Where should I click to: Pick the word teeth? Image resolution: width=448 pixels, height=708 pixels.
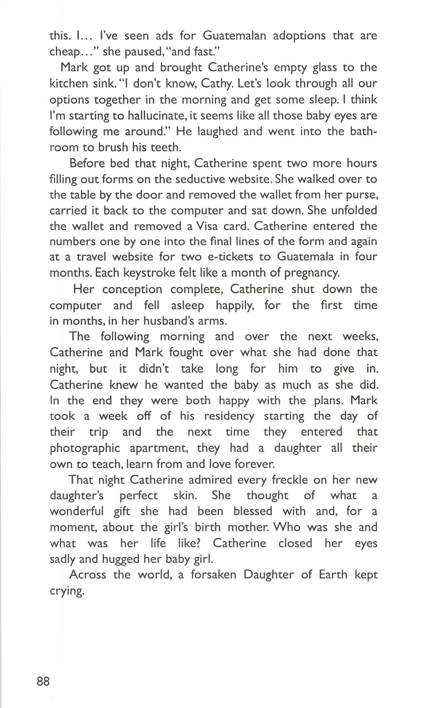point(166,147)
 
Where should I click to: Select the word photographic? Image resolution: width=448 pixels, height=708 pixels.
point(85,448)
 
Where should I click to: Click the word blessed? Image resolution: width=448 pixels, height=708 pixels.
point(253,511)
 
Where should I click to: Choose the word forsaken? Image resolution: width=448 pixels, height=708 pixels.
point(213,575)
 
